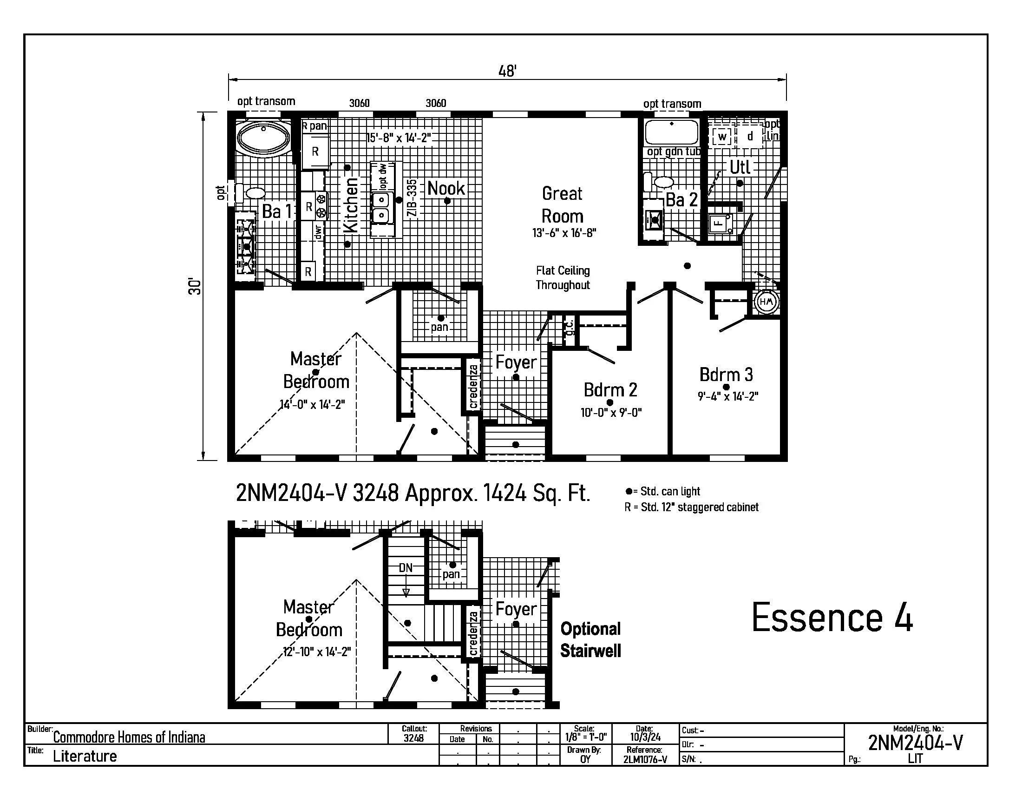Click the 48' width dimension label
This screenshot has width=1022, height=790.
click(507, 72)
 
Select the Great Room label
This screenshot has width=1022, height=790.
click(562, 205)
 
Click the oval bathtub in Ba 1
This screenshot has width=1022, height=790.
click(263, 136)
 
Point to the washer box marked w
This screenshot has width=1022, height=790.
click(721, 137)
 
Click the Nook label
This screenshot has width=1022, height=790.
click(446, 188)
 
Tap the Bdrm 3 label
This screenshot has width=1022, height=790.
click(726, 375)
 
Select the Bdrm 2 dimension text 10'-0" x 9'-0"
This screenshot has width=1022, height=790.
click(611, 413)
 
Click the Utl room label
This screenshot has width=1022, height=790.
click(740, 167)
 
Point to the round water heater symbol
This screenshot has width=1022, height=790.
click(766, 302)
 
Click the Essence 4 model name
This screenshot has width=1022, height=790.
click(832, 618)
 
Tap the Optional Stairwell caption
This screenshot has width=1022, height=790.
click(590, 640)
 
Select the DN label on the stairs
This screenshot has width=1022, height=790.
click(405, 568)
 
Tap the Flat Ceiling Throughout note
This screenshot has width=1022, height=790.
click(563, 277)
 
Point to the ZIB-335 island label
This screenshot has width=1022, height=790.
click(412, 198)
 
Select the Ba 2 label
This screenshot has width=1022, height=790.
click(681, 200)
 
